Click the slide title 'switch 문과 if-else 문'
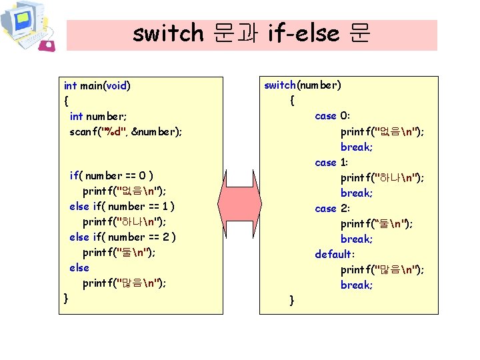click(x=251, y=33)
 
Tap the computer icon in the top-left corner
click(x=27, y=26)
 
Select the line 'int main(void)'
click(x=97, y=85)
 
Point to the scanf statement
click(x=125, y=131)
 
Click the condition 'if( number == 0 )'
click(x=112, y=176)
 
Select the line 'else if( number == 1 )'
click(x=123, y=206)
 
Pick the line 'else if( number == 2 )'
click(x=123, y=237)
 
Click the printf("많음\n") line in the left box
click(x=124, y=283)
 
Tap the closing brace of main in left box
click(x=65, y=297)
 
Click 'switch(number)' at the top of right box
click(x=303, y=85)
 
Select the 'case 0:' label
click(x=331, y=116)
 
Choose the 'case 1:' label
click(x=331, y=162)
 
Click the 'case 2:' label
click(x=331, y=208)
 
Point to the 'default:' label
click(x=335, y=254)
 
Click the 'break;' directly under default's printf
click(x=357, y=285)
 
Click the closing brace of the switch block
click(x=291, y=301)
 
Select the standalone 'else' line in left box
click(x=79, y=267)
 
